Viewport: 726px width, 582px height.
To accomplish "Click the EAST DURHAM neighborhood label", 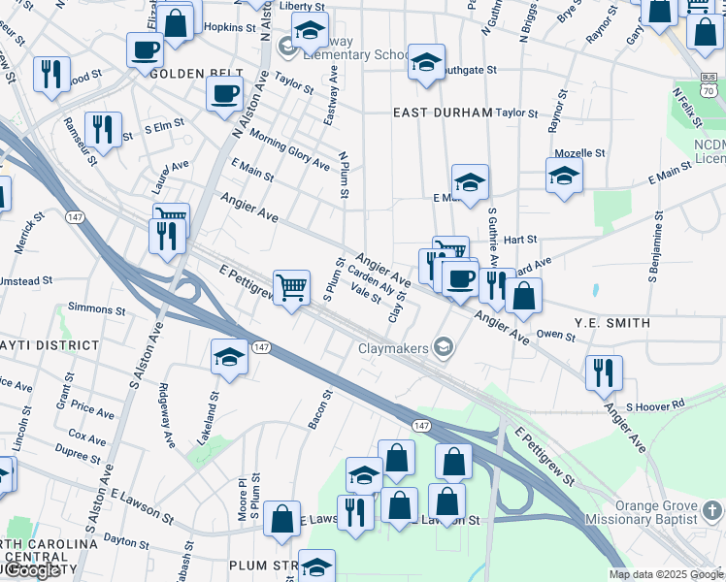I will [443, 113].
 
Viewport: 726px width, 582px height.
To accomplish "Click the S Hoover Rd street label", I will [655, 405].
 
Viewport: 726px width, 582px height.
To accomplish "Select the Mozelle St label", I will [579, 153].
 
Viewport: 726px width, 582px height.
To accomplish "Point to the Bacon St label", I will [326, 410].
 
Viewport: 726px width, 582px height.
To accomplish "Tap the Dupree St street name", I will [77, 452].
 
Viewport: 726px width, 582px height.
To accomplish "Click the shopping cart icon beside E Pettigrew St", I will [291, 288].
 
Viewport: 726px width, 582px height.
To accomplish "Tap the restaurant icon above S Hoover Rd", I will [604, 372].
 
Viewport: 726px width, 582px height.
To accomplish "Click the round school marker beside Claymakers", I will [444, 347].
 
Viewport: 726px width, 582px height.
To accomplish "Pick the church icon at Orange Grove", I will [714, 510].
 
